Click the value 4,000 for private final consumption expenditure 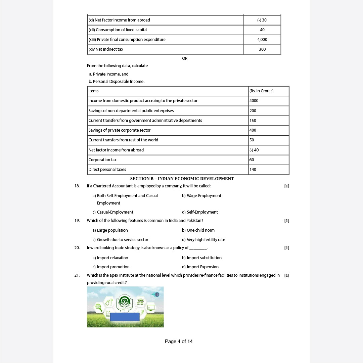click(x=262, y=40)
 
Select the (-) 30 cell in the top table click(x=262, y=20)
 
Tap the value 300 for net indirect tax click(x=262, y=49)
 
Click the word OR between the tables click(x=185, y=58)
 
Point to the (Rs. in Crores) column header click(x=262, y=91)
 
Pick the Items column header click(x=94, y=91)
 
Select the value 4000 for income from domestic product click(x=254, y=101)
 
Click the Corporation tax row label click(x=103, y=160)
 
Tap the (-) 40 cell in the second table click(x=254, y=150)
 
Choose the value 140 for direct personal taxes click(x=253, y=170)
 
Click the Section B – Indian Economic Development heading click(x=182, y=179)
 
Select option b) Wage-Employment click(x=201, y=196)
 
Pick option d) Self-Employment click(x=200, y=212)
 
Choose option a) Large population click(x=110, y=230)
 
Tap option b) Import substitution click(x=201, y=258)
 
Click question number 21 click(x=77, y=275)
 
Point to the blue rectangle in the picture click(x=125, y=317)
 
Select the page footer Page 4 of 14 click(x=179, y=342)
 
